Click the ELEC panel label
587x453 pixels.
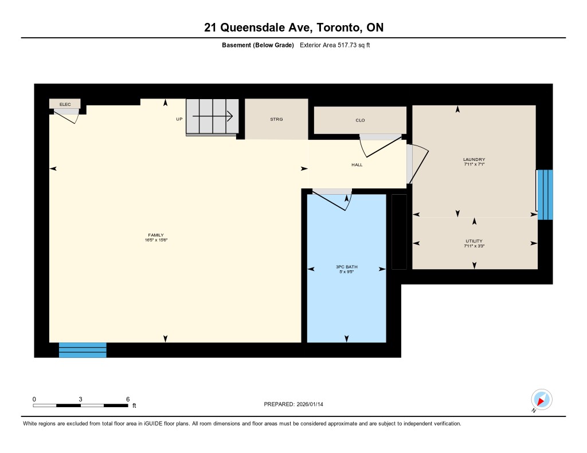[65, 104]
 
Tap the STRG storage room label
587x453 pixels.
[277, 119]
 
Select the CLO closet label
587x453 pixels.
[360, 120]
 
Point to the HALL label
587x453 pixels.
[357, 165]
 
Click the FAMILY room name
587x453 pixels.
[156, 235]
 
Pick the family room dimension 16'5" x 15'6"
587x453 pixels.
[156, 240]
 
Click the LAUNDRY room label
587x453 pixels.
[474, 159]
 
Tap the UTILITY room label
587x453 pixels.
[474, 241]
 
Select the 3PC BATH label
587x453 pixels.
[347, 267]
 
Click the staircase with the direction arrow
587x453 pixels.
[212, 116]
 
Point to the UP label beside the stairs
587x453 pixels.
[179, 119]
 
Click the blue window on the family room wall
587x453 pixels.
[83, 350]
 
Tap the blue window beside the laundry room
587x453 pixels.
[545, 195]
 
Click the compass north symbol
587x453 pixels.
[541, 400]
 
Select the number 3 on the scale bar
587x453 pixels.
[80, 400]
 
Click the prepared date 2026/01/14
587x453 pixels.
[310, 404]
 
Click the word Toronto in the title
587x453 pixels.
[339, 27]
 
